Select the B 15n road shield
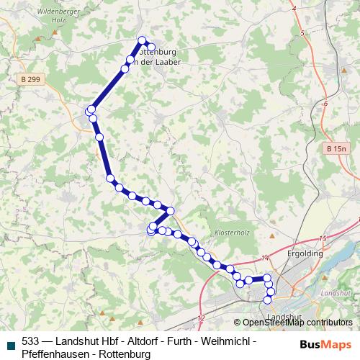click(336, 148)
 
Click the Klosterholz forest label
click(231, 232)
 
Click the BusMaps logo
click(321, 343)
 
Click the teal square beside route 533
click(9, 343)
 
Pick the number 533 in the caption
click(31, 341)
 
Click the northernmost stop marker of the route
click(142, 40)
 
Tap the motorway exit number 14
click(265, 257)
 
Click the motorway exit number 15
click(323, 238)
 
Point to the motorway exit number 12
click(200, 318)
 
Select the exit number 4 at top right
click(294, 8)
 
